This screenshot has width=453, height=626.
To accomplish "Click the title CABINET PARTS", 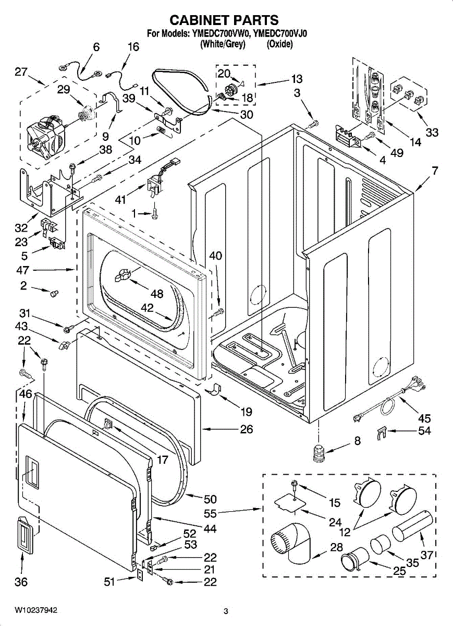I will click(224, 20).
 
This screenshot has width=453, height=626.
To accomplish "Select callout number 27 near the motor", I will click(21, 72).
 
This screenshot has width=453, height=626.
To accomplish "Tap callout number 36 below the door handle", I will click(21, 582).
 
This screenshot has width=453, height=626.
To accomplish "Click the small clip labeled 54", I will click(382, 432).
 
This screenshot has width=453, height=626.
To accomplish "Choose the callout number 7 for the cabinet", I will click(434, 170).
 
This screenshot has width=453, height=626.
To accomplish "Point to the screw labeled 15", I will click(295, 486).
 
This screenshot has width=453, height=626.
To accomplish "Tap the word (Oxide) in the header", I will click(279, 44).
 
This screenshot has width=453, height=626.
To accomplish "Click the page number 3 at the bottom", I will click(226, 611).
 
